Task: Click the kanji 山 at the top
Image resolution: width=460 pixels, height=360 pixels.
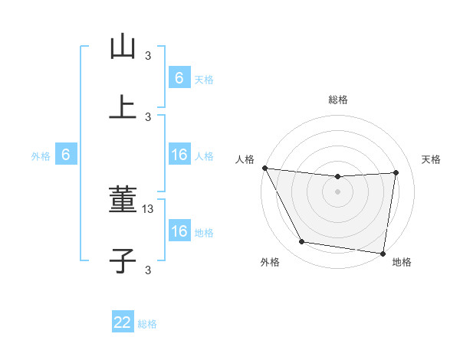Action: coord(123,47)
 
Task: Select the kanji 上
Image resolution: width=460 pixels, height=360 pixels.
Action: coord(123,107)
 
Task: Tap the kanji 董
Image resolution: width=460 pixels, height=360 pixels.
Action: coord(123,201)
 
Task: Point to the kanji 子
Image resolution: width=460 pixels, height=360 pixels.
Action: coord(123,260)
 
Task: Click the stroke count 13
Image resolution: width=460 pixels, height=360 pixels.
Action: coord(149,209)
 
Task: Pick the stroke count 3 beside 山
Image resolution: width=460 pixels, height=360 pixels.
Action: coord(148,55)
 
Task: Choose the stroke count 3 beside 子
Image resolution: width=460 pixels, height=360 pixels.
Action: coord(148,270)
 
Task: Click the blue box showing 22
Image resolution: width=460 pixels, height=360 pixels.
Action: coord(123,322)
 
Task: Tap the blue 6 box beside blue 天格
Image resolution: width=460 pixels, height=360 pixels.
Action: coord(179,77)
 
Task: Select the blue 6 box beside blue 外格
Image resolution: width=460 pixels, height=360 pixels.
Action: coord(66,155)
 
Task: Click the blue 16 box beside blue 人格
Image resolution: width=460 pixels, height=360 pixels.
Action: coord(179,155)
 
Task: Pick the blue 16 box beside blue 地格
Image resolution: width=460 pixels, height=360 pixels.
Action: coord(179,231)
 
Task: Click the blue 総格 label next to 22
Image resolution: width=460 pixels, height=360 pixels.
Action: coord(147,324)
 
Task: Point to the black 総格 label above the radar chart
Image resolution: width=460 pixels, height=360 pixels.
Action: coord(337,100)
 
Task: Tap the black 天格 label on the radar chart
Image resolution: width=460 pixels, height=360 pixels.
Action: coord(431,159)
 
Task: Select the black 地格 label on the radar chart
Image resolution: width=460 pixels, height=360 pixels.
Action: coord(402,263)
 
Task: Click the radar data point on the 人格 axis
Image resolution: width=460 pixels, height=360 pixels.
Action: coord(264,168)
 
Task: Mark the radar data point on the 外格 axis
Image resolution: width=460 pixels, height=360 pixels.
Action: coord(301,243)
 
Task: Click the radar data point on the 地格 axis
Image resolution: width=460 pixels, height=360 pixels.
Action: coord(383,253)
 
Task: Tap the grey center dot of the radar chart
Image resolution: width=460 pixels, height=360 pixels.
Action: coord(337,191)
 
